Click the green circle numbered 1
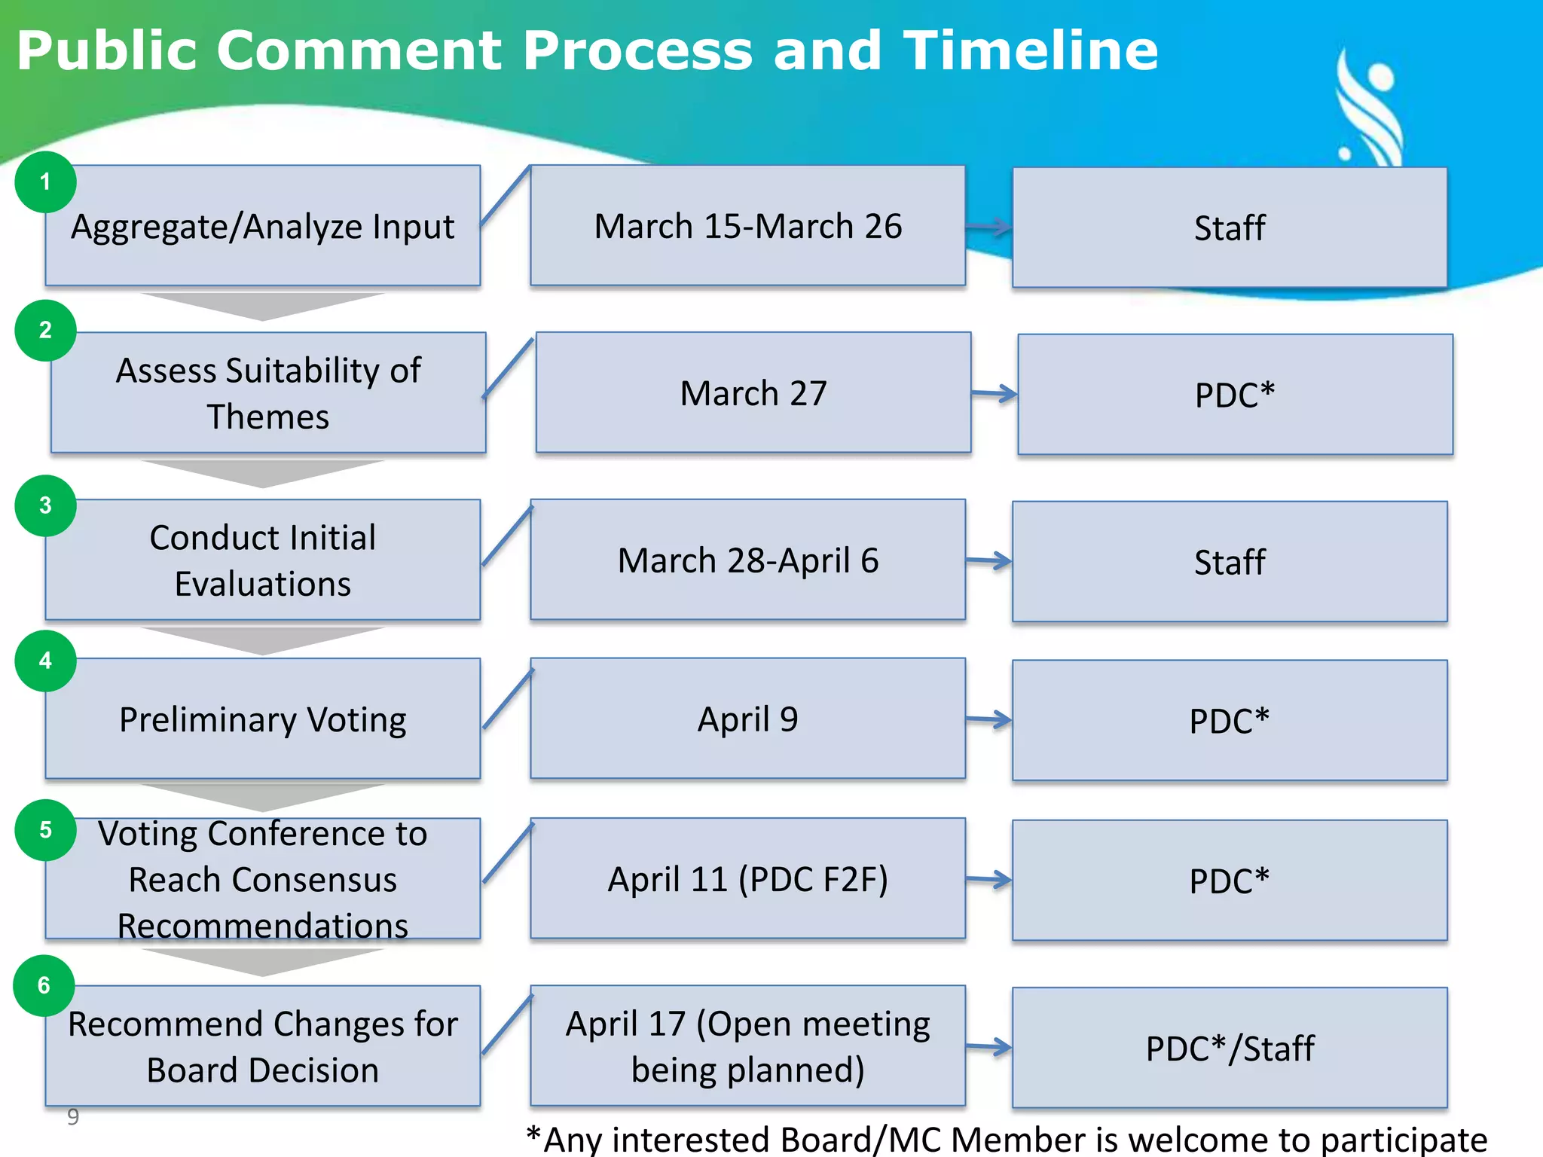pyautogui.click(x=45, y=182)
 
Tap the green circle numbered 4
pyautogui.click(x=45, y=661)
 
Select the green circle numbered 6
pyautogui.click(x=44, y=985)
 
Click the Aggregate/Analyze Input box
pyautogui.click(x=262, y=226)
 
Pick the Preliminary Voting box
pyautogui.click(x=262, y=719)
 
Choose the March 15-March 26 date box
pyautogui.click(x=747, y=226)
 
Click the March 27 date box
pyautogui.click(x=753, y=393)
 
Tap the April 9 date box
pyautogui.click(x=747, y=719)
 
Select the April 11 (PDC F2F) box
pyautogui.click(x=747, y=879)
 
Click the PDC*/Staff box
pyautogui.click(x=1230, y=1048)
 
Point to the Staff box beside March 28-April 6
pyautogui.click(x=1230, y=562)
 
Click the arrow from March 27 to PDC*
pyautogui.click(x=995, y=393)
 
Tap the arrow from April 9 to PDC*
pyautogui.click(x=989, y=720)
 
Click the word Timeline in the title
pyautogui.click(x=1030, y=51)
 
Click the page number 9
pyautogui.click(x=73, y=1116)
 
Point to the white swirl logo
pyautogui.click(x=1369, y=109)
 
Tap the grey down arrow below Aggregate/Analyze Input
pyautogui.click(x=262, y=306)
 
